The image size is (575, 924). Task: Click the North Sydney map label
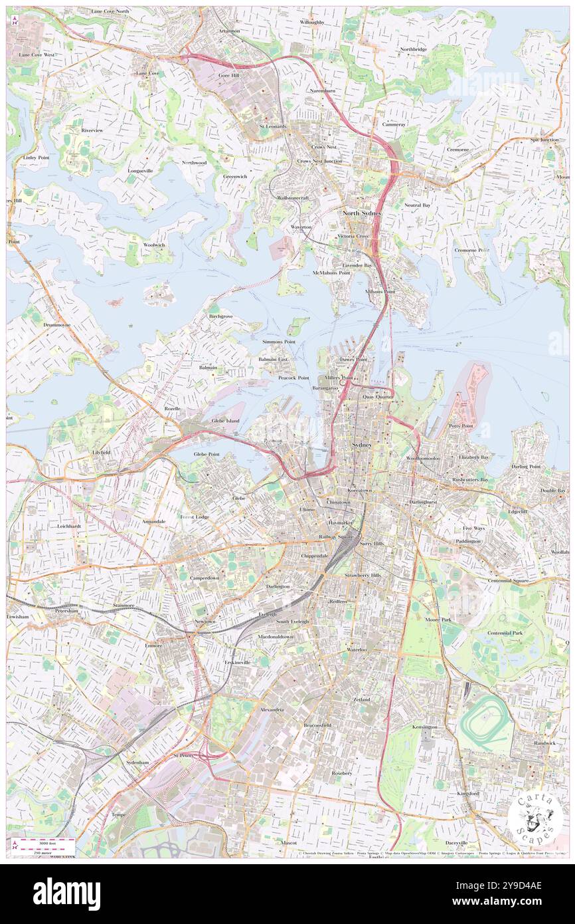click(x=361, y=213)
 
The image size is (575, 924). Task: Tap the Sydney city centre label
click(x=361, y=444)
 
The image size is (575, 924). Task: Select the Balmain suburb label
click(x=208, y=367)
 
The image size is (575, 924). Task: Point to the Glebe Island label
click(x=225, y=421)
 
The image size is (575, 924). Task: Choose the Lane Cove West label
click(x=37, y=55)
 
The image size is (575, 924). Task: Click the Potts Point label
click(x=460, y=425)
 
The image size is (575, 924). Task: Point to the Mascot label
click(x=288, y=842)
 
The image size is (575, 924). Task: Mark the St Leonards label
click(x=272, y=126)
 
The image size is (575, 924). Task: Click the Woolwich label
click(x=154, y=245)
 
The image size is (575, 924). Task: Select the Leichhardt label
click(x=68, y=525)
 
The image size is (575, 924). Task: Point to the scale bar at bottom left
click(x=44, y=846)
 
